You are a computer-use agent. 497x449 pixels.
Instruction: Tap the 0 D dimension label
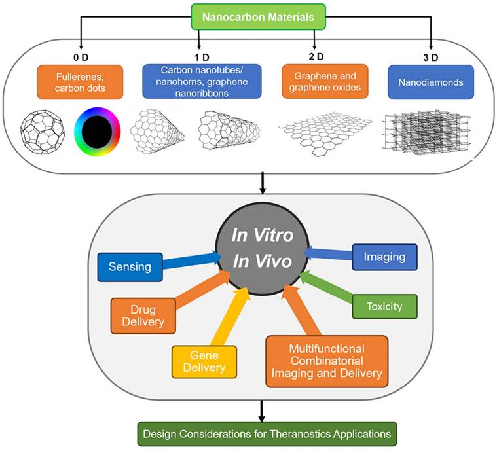pyautogui.click(x=81, y=55)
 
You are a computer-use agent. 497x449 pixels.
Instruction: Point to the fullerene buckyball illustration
pyautogui.click(x=44, y=134)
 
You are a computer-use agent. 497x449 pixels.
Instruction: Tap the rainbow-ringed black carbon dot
pyautogui.click(x=99, y=134)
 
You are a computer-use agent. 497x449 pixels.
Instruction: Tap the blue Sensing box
pyautogui.click(x=130, y=267)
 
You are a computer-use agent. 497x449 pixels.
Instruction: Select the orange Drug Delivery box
pyautogui.click(x=143, y=315)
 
